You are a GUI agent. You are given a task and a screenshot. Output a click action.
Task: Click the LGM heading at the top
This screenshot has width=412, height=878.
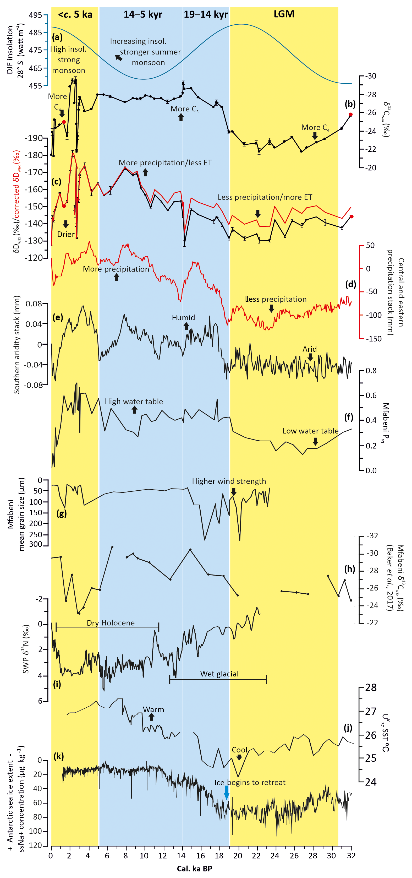(284, 14)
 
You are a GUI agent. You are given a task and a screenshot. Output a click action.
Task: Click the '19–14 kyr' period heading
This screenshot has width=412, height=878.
(206, 15)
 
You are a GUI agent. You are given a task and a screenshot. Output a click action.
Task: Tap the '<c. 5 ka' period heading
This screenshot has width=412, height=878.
(75, 15)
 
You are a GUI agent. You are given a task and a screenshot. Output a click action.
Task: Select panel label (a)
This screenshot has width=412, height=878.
(57, 37)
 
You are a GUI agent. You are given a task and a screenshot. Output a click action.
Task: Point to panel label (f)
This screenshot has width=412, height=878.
(349, 417)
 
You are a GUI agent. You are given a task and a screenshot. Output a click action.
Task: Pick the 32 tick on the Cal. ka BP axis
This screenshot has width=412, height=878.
(351, 855)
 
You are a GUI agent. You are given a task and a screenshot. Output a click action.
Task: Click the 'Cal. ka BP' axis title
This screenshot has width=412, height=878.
(194, 869)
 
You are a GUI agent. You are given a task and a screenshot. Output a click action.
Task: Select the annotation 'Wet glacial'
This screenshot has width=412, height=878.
(219, 674)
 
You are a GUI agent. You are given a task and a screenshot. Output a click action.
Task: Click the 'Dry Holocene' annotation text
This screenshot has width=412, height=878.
(111, 623)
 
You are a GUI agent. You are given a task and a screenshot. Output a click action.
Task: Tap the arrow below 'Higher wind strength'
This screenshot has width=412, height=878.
(234, 491)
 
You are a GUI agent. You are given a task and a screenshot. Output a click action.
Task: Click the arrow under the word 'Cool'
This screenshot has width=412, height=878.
(239, 757)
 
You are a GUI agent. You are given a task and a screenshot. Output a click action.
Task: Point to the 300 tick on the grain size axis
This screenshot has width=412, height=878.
(35, 544)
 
